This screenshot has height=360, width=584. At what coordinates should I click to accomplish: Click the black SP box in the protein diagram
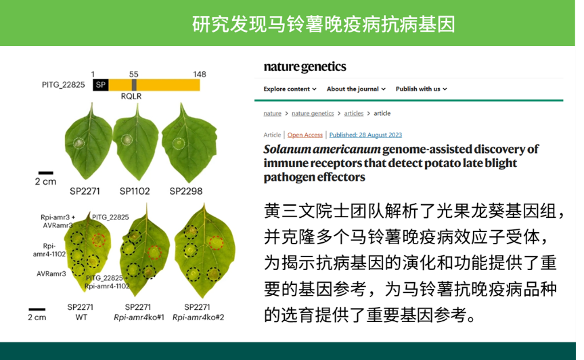coord(101,85)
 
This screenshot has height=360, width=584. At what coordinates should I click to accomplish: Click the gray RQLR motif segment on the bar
coord(134,85)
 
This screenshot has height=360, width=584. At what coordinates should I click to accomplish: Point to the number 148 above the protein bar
coord(199,74)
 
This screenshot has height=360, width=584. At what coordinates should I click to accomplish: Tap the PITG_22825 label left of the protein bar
coord(64,85)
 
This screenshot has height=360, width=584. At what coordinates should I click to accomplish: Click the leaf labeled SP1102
coord(136,143)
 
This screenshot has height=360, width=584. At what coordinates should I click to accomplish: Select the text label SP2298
coord(186,191)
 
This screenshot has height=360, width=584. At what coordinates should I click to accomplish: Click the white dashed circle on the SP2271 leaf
coord(78,143)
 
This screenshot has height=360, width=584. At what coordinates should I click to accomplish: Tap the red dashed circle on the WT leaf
coord(99,240)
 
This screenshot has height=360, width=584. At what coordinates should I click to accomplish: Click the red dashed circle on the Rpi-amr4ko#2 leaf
coord(216,243)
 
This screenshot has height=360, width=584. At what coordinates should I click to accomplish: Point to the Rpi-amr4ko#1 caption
coord(139,317)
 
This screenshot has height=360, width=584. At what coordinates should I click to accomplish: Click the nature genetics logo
coord(305,66)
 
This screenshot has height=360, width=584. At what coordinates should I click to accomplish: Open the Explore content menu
coord(290,89)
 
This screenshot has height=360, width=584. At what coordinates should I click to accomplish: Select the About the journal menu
coord(356,89)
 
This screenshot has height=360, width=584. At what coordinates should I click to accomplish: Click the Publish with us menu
coord(421,89)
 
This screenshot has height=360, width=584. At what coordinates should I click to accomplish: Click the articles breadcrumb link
coord(353,113)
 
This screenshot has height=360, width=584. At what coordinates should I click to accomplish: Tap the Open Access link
coord(305,135)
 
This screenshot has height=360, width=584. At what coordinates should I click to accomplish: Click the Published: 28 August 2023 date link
coord(365,135)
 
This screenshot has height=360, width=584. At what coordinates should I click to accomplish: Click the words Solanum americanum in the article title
coord(322,150)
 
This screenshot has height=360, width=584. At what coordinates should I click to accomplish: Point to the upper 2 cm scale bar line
coord(46,173)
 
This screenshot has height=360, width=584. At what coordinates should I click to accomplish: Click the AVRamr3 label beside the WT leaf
coord(51,273)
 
